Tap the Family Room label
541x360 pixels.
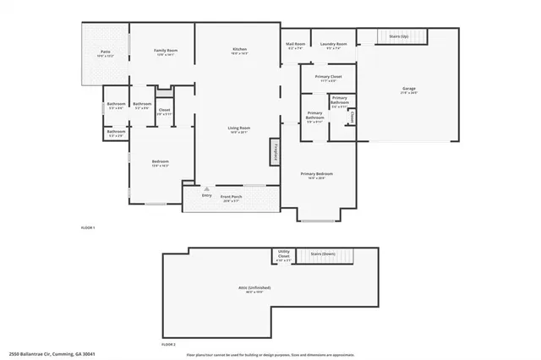[165, 52]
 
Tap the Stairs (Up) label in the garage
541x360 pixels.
[398, 36]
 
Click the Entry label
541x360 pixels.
[206, 196]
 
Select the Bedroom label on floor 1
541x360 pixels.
[160, 163]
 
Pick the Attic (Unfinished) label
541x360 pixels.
[250, 291]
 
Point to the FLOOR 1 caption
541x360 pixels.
[87, 228]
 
